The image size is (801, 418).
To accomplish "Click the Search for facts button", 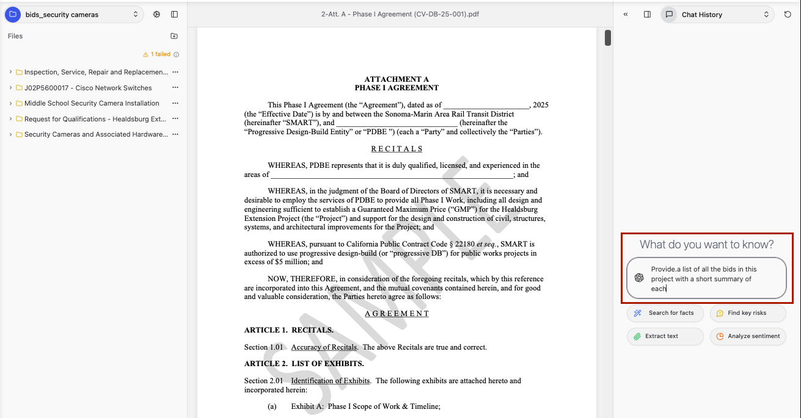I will click(x=665, y=313).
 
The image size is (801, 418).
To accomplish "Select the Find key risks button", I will click(x=747, y=313).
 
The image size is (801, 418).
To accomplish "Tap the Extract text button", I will click(x=656, y=336).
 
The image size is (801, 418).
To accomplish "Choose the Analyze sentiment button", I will click(x=748, y=336).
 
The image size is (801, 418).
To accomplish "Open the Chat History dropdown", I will click(x=717, y=15).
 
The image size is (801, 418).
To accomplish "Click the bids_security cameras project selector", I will click(x=74, y=15).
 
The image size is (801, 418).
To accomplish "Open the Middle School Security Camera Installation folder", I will click(x=92, y=104).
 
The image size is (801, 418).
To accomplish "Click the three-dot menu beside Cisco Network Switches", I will click(x=175, y=88).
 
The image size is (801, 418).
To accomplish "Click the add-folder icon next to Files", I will click(x=174, y=36).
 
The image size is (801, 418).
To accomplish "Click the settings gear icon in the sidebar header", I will click(x=156, y=15).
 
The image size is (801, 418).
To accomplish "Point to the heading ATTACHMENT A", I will click(x=397, y=79).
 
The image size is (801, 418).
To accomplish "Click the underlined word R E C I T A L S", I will click(x=397, y=149).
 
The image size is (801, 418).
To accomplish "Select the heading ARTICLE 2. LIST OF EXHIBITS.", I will click(x=304, y=364).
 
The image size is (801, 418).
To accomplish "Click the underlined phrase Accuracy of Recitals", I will click(x=324, y=347).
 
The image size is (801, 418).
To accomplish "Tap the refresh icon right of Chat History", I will click(x=788, y=15).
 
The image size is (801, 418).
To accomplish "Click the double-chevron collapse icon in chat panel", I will click(x=626, y=15).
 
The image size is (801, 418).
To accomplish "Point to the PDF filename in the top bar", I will click(x=400, y=14).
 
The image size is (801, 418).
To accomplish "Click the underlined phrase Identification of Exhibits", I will click(x=330, y=381).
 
